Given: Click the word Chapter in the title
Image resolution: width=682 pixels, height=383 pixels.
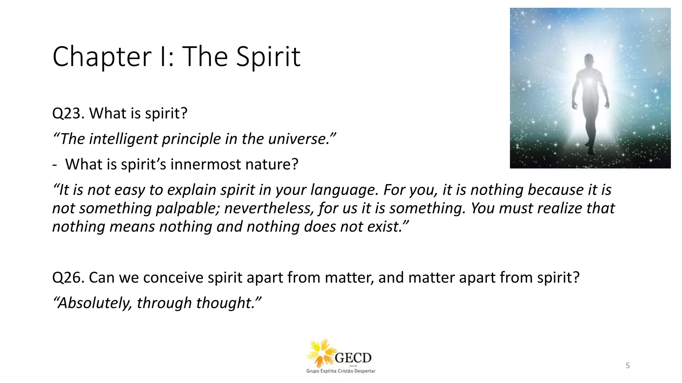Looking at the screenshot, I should click(x=102, y=57).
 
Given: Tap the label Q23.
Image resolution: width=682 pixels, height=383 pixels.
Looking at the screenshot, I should click(x=68, y=114).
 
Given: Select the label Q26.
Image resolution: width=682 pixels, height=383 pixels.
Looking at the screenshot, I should click(x=68, y=278).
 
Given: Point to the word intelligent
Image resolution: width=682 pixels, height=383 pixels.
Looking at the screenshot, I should click(x=123, y=139).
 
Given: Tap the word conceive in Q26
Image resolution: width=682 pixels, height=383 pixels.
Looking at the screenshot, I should click(x=173, y=278).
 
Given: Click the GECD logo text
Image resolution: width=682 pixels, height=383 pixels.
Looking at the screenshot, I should click(x=353, y=358).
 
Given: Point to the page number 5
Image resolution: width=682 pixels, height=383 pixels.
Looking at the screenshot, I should click(x=628, y=366).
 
